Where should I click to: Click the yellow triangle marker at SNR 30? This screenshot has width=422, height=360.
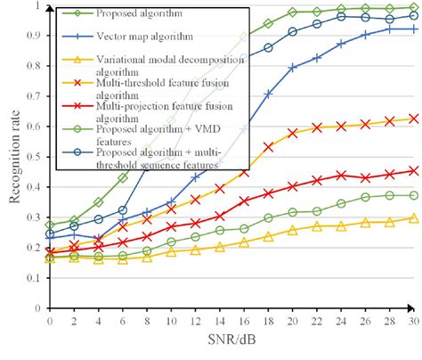413,218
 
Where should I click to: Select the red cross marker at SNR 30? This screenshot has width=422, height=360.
413,171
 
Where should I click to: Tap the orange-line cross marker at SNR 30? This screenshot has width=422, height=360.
413,119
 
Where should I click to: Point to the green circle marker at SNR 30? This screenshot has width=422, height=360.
413,195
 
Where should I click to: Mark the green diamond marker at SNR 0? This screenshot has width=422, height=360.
50,225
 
